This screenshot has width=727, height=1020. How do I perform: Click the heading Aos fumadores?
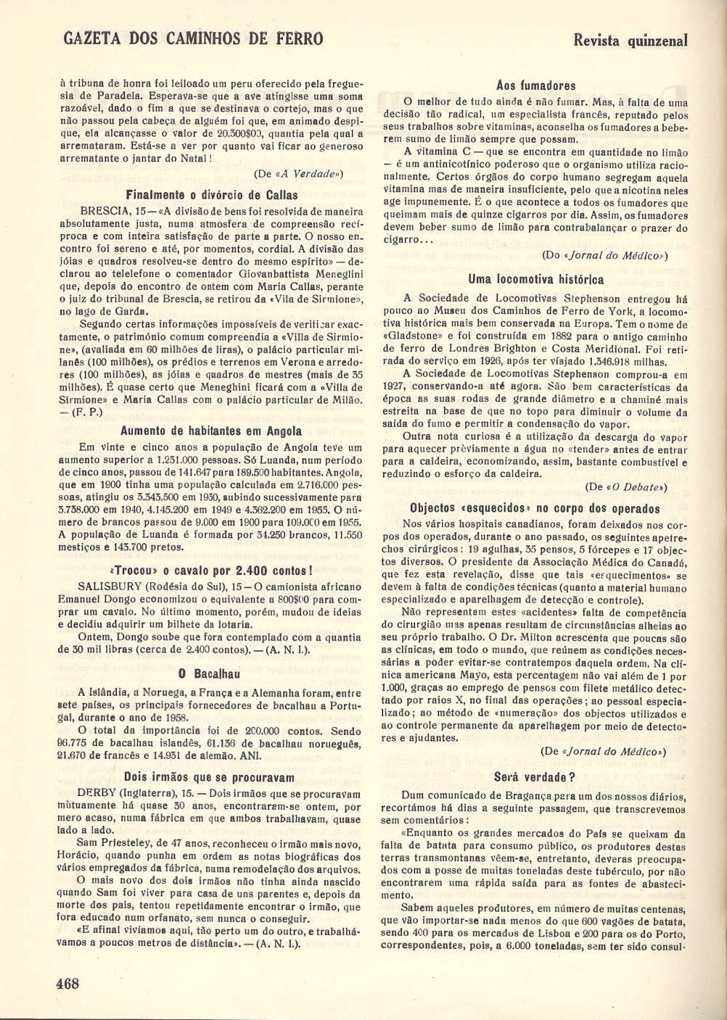(535, 85)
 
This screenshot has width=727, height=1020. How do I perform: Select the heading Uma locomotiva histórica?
(535, 278)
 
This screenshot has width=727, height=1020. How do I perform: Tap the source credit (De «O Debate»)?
(626, 486)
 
